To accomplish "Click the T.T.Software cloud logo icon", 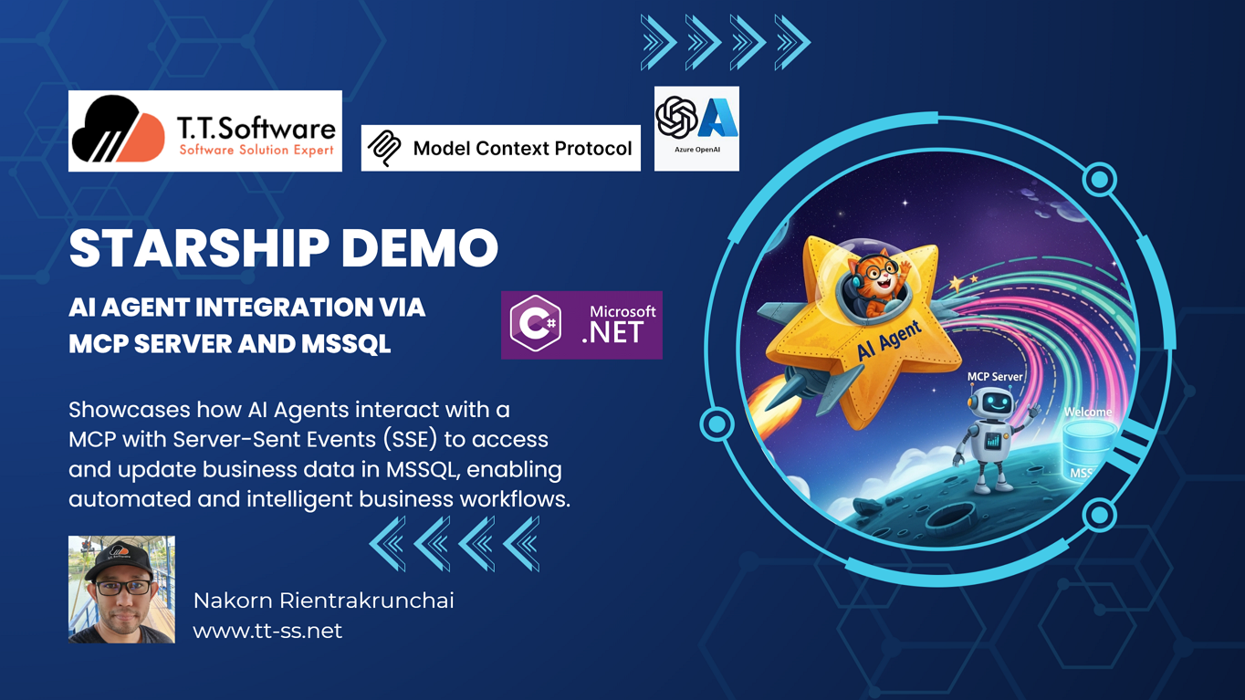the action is pos(119,129).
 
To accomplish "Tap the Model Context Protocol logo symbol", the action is pos(384,149).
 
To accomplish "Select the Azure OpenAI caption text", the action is pos(697,150).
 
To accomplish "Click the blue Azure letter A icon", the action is pos(717,118).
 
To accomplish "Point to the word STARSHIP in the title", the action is pos(199,247).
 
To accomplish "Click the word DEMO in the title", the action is pos(420,247).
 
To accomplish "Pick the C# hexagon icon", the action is pos(535,324).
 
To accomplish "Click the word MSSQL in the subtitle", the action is pos(346,344).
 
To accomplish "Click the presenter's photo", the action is pos(121,590).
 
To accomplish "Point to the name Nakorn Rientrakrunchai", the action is pos(323,601).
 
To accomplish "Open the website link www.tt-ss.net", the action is pos(267,632).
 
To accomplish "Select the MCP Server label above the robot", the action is pos(995,377).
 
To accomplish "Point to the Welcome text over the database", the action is pos(1088,413).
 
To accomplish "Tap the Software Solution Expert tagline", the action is pos(256,150).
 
